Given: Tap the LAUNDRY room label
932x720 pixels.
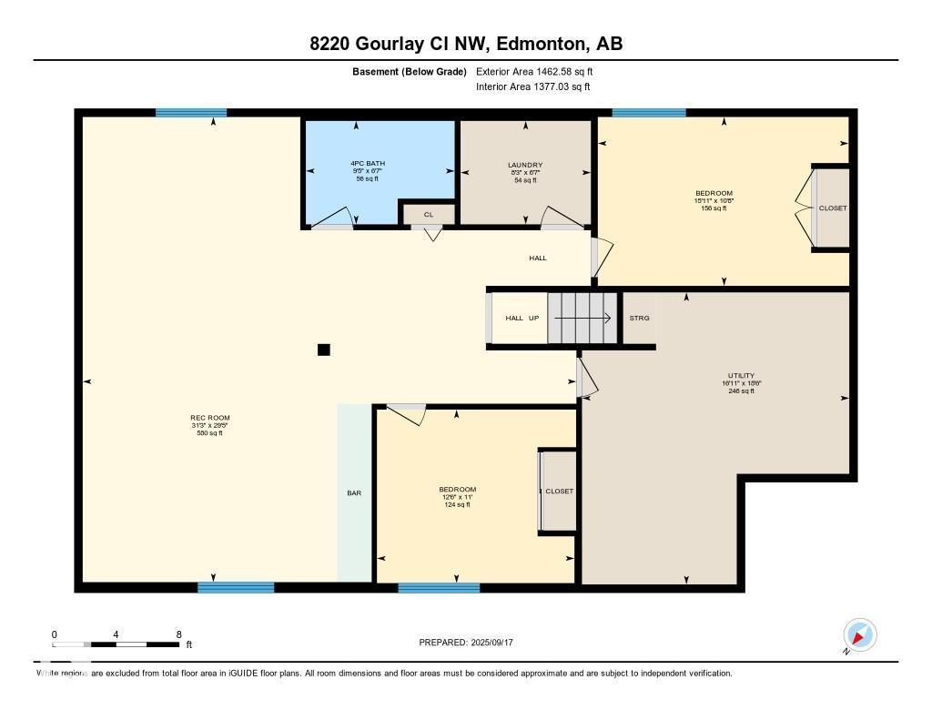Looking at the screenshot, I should point(525,166).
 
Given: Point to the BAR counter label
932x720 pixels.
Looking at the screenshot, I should point(354,492).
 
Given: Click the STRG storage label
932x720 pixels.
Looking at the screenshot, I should point(639,318).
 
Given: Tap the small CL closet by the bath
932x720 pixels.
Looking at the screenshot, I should point(428,214).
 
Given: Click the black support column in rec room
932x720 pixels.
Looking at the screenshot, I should point(323,350).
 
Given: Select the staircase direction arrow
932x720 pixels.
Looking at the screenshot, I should point(582,318).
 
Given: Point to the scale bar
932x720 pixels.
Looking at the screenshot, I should point(116,644).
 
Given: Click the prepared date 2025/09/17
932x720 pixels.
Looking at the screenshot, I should point(471,643).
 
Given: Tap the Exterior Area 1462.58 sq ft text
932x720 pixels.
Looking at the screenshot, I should point(533,71).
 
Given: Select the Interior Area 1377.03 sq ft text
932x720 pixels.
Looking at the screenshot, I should point(533,86).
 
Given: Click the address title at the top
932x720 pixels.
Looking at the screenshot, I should point(466,44).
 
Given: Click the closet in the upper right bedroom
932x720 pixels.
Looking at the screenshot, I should point(832,208).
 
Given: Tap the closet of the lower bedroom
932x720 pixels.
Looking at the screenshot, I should point(559,491).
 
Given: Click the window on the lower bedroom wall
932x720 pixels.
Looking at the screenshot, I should point(439,588).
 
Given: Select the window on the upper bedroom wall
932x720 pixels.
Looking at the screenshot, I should point(649,113).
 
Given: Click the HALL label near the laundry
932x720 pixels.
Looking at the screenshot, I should point(538,258).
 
